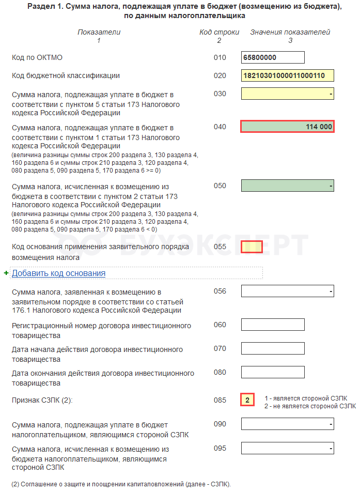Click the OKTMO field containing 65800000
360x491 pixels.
click(273, 57)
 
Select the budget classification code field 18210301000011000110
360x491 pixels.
click(287, 75)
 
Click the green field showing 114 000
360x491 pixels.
click(287, 127)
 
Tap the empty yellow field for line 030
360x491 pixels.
click(287, 94)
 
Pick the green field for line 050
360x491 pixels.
click(287, 186)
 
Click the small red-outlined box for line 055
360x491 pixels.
click(252, 247)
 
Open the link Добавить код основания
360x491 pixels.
click(58, 273)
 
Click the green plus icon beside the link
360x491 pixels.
click(6, 273)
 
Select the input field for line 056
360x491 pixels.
click(287, 291)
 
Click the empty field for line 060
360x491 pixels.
click(273, 325)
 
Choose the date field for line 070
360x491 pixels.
click(273, 348)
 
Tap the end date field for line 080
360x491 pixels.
click(273, 372)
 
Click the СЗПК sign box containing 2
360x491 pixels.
click(247, 400)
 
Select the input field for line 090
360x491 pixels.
click(287, 424)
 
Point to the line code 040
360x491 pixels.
click(220, 127)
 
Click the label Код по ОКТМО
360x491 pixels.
click(37, 57)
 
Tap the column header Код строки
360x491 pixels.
click(220, 32)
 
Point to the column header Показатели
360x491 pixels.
click(99, 32)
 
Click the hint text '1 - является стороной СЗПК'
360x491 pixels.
click(306, 398)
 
